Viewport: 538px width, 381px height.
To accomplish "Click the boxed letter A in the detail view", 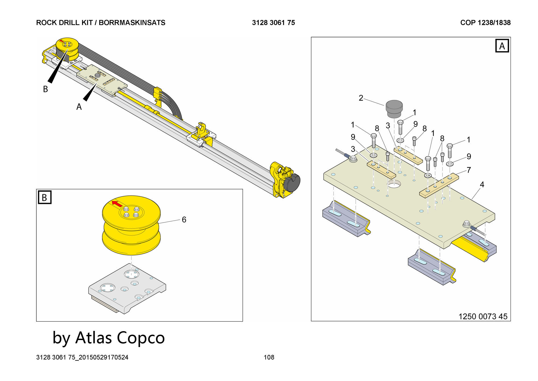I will [502, 46].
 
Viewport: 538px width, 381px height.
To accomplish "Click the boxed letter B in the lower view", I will [44, 198].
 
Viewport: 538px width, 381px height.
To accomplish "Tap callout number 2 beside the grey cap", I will [361, 98].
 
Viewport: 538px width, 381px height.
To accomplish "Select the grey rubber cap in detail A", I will [394, 109].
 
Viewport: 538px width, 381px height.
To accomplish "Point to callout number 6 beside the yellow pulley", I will [184, 220].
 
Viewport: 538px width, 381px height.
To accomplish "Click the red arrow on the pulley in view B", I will [117, 204].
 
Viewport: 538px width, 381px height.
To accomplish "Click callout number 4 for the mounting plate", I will [482, 185].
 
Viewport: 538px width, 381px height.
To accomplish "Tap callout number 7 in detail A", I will [469, 170].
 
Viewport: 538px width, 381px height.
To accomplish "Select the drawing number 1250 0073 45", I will [483, 316].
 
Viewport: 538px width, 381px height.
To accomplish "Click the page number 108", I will [269, 357].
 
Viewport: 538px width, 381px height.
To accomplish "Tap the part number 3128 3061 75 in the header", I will [273, 23].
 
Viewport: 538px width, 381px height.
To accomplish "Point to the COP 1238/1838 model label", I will [485, 23].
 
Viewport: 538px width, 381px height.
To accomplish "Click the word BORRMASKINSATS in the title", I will [132, 23].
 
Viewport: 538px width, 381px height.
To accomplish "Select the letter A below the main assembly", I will [79, 107].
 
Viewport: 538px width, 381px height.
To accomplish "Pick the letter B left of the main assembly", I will [45, 89].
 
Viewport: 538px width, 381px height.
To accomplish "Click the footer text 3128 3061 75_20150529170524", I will [82, 357].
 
